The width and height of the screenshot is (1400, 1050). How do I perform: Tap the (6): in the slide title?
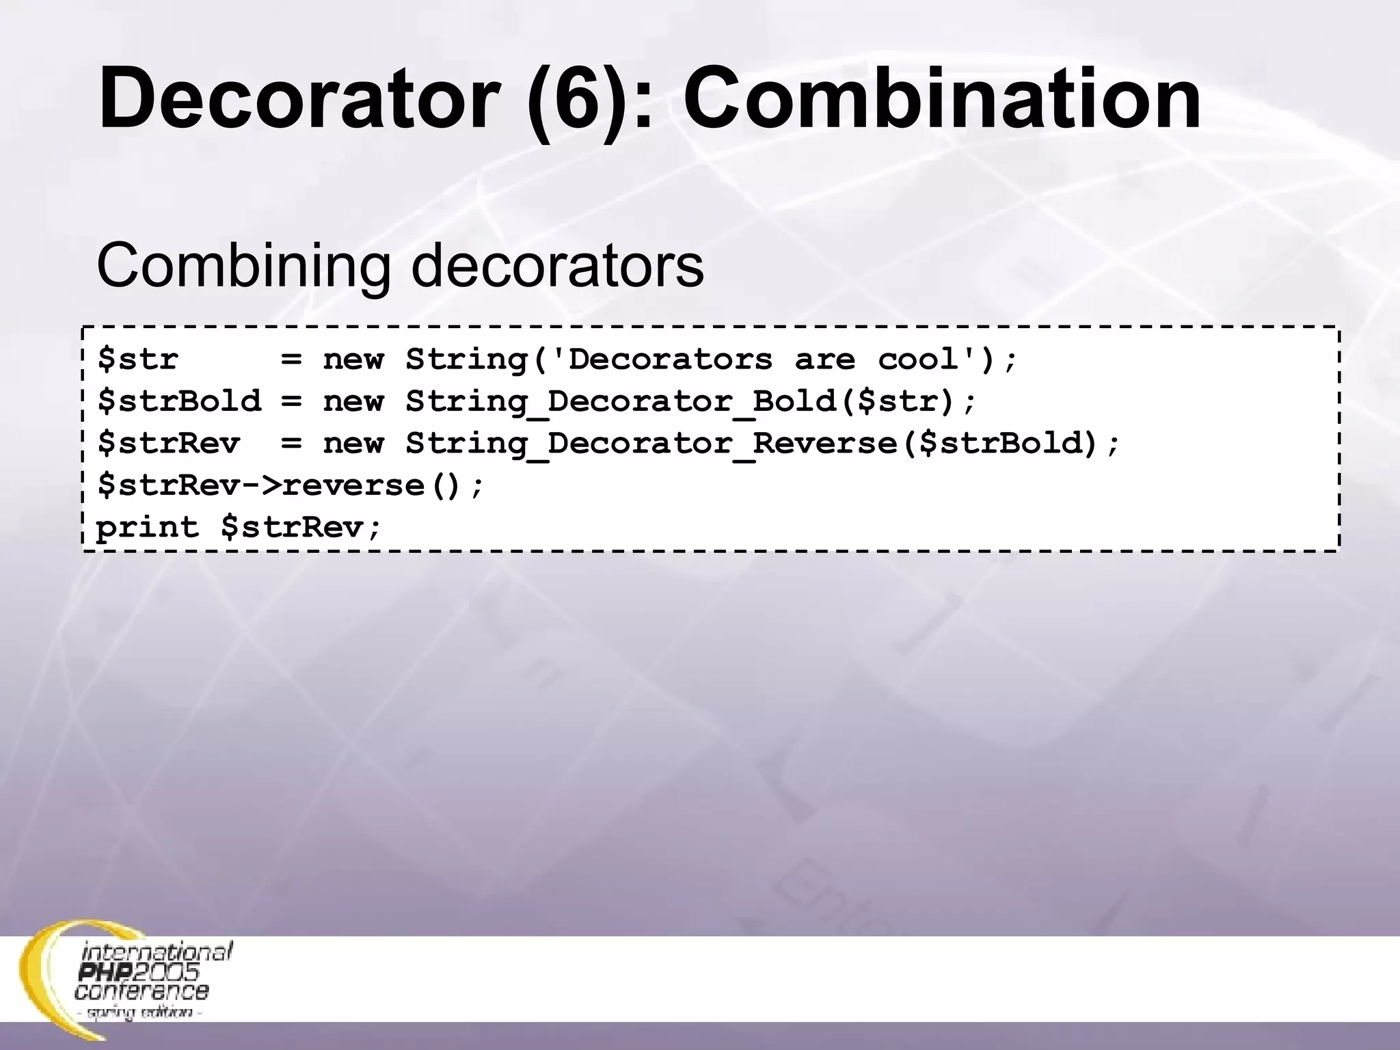click(x=589, y=99)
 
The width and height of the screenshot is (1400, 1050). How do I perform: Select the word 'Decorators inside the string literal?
click(x=660, y=359)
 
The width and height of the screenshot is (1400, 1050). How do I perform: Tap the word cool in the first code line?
click(x=919, y=359)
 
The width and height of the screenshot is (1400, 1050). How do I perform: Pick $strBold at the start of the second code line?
click(x=179, y=401)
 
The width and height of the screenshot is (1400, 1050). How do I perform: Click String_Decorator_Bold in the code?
click(x=621, y=402)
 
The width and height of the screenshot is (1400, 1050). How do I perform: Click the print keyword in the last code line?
click(x=147, y=528)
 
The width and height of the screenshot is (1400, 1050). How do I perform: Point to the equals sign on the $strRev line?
click(x=291, y=444)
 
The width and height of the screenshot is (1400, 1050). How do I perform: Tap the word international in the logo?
click(x=157, y=952)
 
